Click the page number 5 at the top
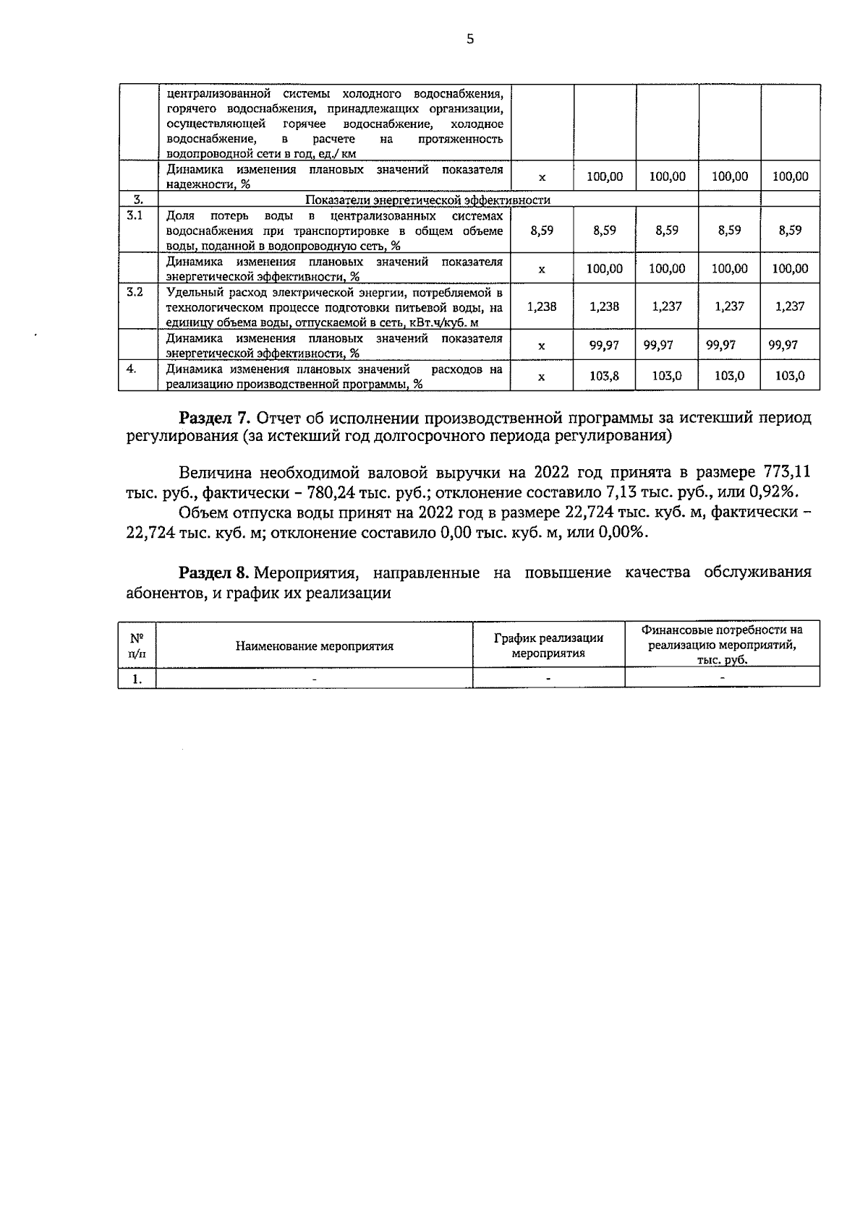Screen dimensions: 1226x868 [470, 40]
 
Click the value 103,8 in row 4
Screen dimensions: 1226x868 [604, 376]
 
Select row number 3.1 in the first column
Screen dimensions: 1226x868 [135, 215]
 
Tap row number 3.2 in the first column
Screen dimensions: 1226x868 [135, 292]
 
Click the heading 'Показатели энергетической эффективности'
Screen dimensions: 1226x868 [427, 200]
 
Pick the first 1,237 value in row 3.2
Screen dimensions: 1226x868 [666, 306]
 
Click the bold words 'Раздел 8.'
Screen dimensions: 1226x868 [215, 573]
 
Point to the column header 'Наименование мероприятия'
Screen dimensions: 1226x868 [315, 646]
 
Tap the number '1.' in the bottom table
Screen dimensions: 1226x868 [137, 678]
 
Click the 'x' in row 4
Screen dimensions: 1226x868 [542, 377]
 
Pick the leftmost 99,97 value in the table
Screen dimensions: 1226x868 [604, 346]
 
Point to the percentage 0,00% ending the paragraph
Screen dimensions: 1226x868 [623, 533]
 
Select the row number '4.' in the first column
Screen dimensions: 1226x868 [132, 369]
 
